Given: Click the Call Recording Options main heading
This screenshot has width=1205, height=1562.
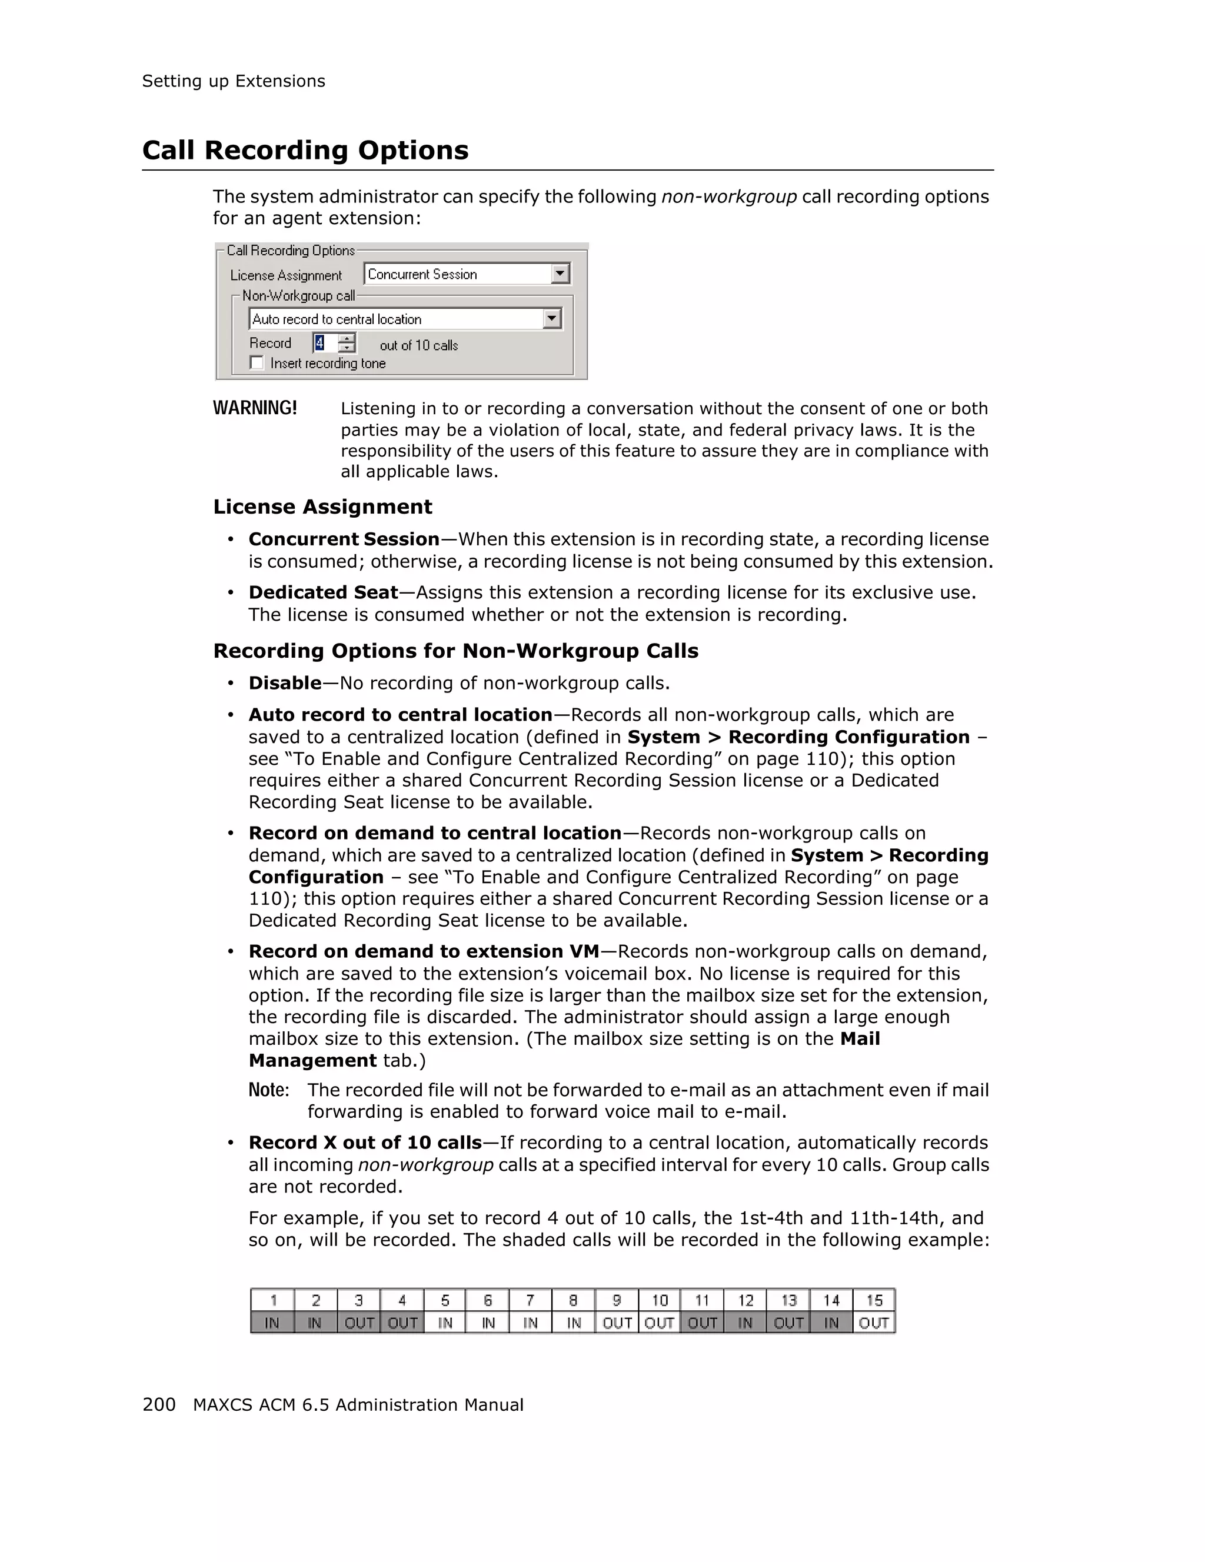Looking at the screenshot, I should (x=305, y=150).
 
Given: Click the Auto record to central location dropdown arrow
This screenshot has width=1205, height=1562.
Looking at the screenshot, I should (x=551, y=318).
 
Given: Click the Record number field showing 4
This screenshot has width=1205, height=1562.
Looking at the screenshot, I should (x=323, y=344).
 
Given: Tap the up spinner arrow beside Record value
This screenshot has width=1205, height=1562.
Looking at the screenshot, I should (x=347, y=338).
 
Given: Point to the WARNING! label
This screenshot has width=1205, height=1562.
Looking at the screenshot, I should (x=255, y=408).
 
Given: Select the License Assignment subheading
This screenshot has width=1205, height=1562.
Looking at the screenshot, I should (x=322, y=507).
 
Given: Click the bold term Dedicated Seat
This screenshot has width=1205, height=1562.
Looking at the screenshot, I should (x=323, y=592).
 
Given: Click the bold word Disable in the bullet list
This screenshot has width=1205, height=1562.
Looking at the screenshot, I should (x=285, y=682).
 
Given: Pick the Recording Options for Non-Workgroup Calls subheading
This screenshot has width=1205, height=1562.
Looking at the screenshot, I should (x=455, y=650).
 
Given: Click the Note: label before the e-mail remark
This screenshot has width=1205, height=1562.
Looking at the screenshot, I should (x=268, y=1090).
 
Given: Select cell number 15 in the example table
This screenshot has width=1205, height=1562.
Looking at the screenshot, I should (x=874, y=1300).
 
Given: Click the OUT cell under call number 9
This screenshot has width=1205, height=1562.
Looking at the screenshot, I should (x=617, y=1323).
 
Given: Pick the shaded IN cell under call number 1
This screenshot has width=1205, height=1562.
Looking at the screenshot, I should (x=272, y=1323).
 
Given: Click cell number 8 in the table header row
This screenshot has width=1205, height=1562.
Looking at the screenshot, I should (x=573, y=1300).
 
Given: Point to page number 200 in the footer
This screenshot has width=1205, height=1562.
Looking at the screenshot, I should (x=159, y=1405).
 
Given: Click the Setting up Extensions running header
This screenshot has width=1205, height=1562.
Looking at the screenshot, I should (x=233, y=81).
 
